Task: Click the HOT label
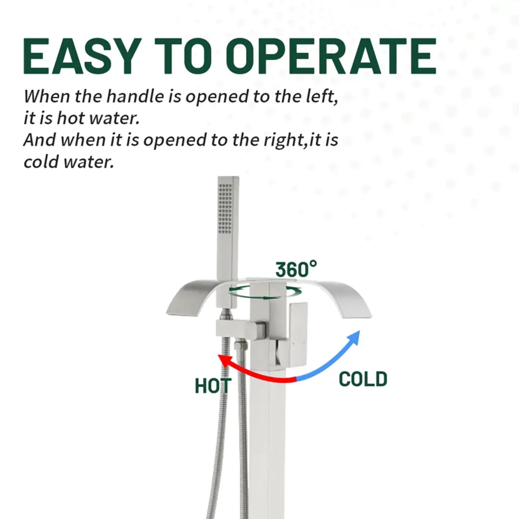[213, 386]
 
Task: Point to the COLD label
[363, 379]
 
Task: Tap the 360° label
[296, 269]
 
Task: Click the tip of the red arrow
[218, 355]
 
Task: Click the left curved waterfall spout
[192, 296]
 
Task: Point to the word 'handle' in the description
[135, 96]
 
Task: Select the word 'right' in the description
[284, 140]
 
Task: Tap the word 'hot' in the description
[68, 118]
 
